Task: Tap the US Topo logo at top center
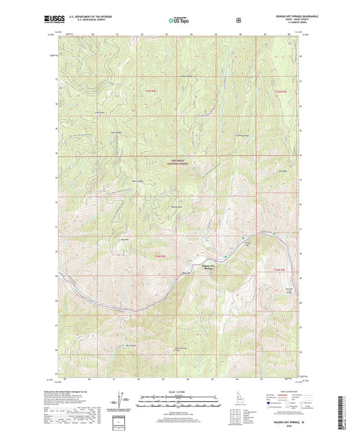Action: (179, 22)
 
